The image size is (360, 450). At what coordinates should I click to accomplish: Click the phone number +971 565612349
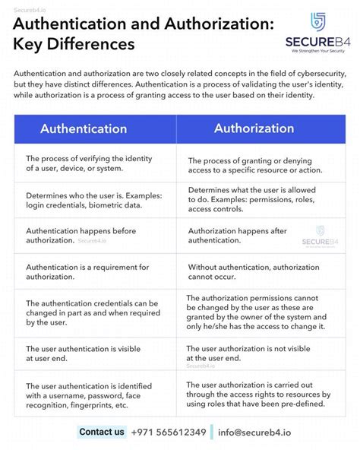[169, 433]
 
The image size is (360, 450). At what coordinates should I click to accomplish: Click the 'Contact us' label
[101, 433]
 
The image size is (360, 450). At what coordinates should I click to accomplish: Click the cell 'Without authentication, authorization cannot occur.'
[260, 272]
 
